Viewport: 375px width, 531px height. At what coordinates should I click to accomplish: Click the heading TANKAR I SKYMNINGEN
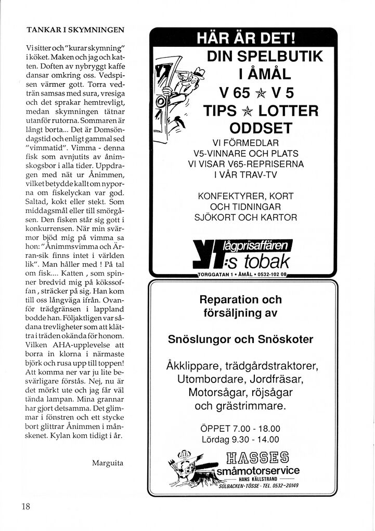[x=75, y=30]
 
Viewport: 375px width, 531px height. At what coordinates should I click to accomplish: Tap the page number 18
[x=27, y=507]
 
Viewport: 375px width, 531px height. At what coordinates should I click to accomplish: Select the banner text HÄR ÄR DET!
[x=243, y=39]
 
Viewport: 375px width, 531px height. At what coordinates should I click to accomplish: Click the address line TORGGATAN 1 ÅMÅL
[x=242, y=274]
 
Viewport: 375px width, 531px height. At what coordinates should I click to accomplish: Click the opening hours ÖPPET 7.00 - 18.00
[x=240, y=429]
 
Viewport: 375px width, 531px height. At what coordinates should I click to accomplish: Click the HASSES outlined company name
[x=258, y=458]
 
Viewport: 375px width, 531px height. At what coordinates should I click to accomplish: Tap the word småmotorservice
[x=258, y=471]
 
